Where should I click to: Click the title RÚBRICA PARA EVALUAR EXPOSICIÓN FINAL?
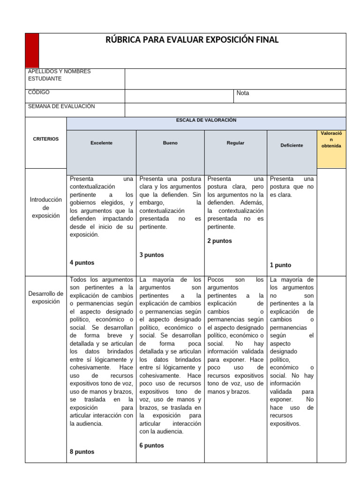[193, 40]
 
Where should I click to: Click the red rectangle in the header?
[32, 51]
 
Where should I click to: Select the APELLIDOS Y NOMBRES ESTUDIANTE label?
[59, 75]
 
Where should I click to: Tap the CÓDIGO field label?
[39, 92]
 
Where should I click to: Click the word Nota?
[243, 93]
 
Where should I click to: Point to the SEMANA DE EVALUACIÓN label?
[61, 106]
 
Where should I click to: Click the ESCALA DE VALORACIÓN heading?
[206, 120]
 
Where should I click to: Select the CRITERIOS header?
[46, 139]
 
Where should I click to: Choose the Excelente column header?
[102, 143]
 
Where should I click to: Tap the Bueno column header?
[170, 143]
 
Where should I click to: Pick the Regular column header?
[235, 143]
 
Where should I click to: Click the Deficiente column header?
[292, 145]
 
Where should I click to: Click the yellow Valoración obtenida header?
[331, 140]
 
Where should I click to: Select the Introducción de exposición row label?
[46, 208]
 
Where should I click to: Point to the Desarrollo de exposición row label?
[46, 297]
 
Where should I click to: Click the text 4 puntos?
[82, 263]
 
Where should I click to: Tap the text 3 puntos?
[151, 255]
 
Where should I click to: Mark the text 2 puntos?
[219, 241]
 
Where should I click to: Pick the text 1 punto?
[280, 265]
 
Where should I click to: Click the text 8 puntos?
[82, 452]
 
